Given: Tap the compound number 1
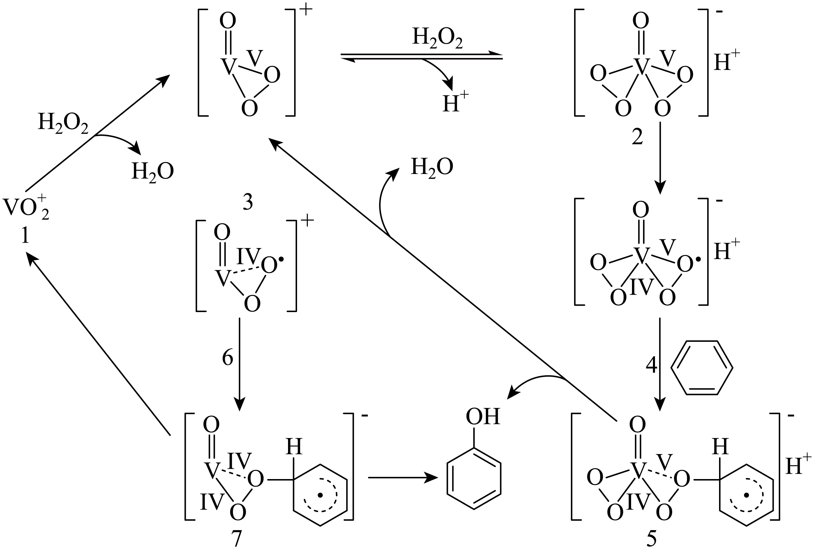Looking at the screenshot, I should point(25,236).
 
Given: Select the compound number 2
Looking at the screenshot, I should point(637,137).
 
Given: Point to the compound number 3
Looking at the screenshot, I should point(248,202).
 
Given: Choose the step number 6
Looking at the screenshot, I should point(227,358).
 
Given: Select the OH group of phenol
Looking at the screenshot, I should point(483,417).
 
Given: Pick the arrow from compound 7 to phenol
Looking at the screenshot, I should point(402,477).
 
